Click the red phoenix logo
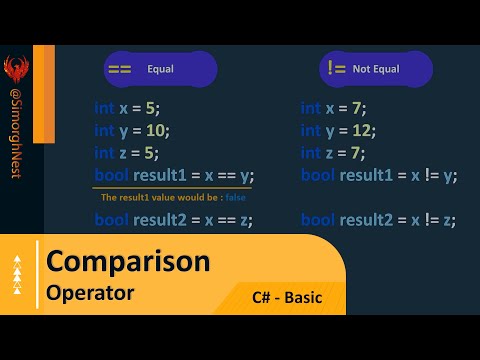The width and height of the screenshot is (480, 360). click(15, 71)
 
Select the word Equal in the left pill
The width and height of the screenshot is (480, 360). click(161, 71)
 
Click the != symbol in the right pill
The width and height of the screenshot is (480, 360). click(337, 69)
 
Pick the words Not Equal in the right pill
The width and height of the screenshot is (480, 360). click(377, 70)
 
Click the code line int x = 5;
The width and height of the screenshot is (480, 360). click(127, 108)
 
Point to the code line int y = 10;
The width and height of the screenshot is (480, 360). click(132, 130)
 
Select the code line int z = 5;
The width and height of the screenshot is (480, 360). click(127, 152)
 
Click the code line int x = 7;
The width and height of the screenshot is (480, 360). click(334, 108)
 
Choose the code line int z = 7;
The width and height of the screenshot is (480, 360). click(334, 152)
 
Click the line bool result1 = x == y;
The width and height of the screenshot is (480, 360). click(173, 175)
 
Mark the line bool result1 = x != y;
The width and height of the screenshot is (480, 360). click(378, 175)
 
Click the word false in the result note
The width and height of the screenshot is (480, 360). click(235, 197)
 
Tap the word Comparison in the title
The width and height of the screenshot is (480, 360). click(128, 262)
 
